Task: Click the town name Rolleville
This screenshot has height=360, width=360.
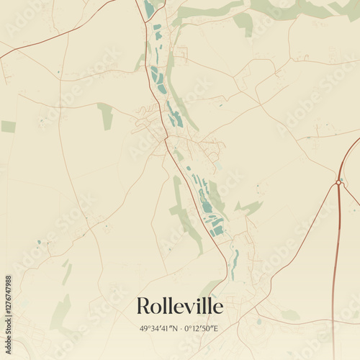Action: click(179, 306)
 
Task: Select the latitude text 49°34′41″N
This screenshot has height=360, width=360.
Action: click(163, 329)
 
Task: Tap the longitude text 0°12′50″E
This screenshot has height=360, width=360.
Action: click(201, 329)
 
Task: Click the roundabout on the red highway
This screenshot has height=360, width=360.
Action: click(338, 183)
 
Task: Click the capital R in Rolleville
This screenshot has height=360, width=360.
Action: click(143, 306)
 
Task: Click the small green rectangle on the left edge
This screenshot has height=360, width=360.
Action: click(8, 127)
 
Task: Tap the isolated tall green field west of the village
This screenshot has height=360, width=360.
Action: click(106, 116)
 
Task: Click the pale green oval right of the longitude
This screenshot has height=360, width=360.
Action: click(290, 315)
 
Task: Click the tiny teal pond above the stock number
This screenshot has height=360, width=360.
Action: click(39, 242)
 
